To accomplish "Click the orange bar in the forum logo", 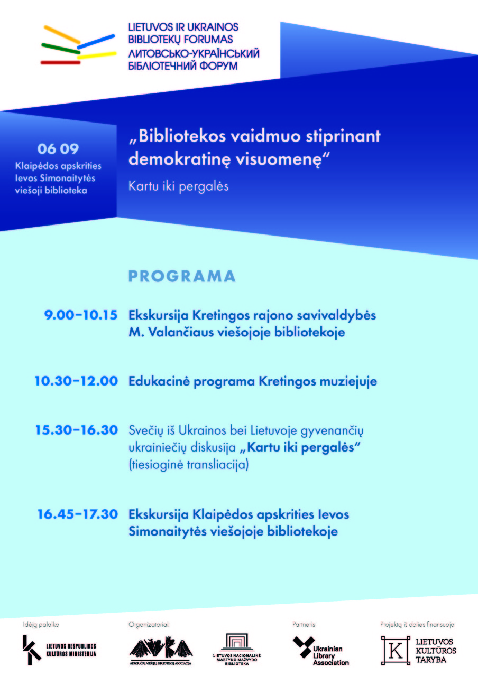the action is coord(62,34).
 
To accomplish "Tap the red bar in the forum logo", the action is coord(60,62).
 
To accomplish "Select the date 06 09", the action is coord(58,148).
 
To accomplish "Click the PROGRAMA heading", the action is coord(182,276).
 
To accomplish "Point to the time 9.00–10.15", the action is coord(81,315).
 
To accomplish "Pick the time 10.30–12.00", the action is coord(76,381).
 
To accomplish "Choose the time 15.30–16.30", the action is coord(77,430).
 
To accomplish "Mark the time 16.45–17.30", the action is coord(77,514).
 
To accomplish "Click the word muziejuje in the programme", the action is coord(348,382).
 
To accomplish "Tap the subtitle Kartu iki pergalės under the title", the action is coord(179,186).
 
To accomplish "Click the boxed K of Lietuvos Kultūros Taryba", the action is coord(396,650).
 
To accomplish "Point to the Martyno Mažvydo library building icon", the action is coord(237,643).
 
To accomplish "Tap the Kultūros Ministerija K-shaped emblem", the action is coord(31,650).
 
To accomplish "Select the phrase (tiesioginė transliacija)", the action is coord(189,465).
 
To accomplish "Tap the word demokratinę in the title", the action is coord(180,159).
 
